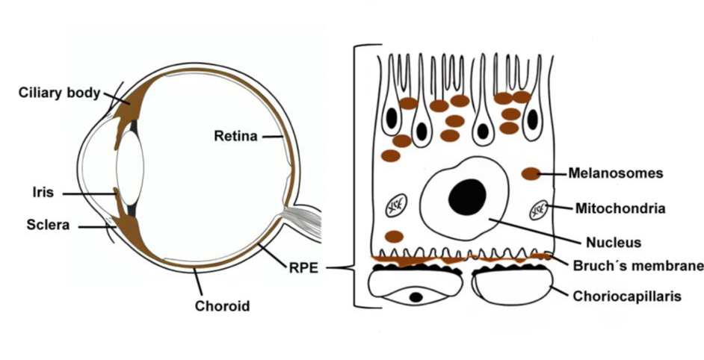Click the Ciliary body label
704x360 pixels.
click(61, 93)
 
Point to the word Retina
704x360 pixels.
click(235, 137)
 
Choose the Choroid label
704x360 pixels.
click(222, 305)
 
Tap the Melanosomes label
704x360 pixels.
click(616, 173)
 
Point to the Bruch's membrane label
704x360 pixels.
click(637, 265)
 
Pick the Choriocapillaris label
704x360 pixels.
click(626, 296)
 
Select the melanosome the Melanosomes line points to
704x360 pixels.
click(531, 173)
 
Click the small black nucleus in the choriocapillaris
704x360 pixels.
click(416, 297)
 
